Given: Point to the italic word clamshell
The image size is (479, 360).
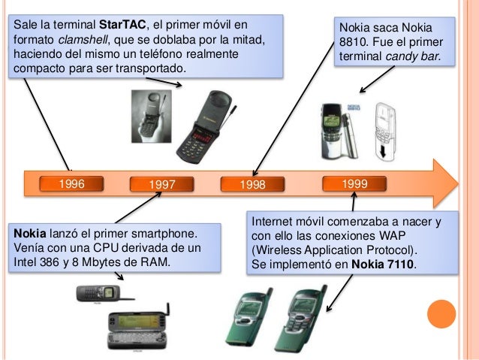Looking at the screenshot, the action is tap(78, 38).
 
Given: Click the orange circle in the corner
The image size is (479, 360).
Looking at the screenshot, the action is tap(441, 313).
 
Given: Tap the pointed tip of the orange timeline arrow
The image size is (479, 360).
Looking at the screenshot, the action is tap(455, 183).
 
